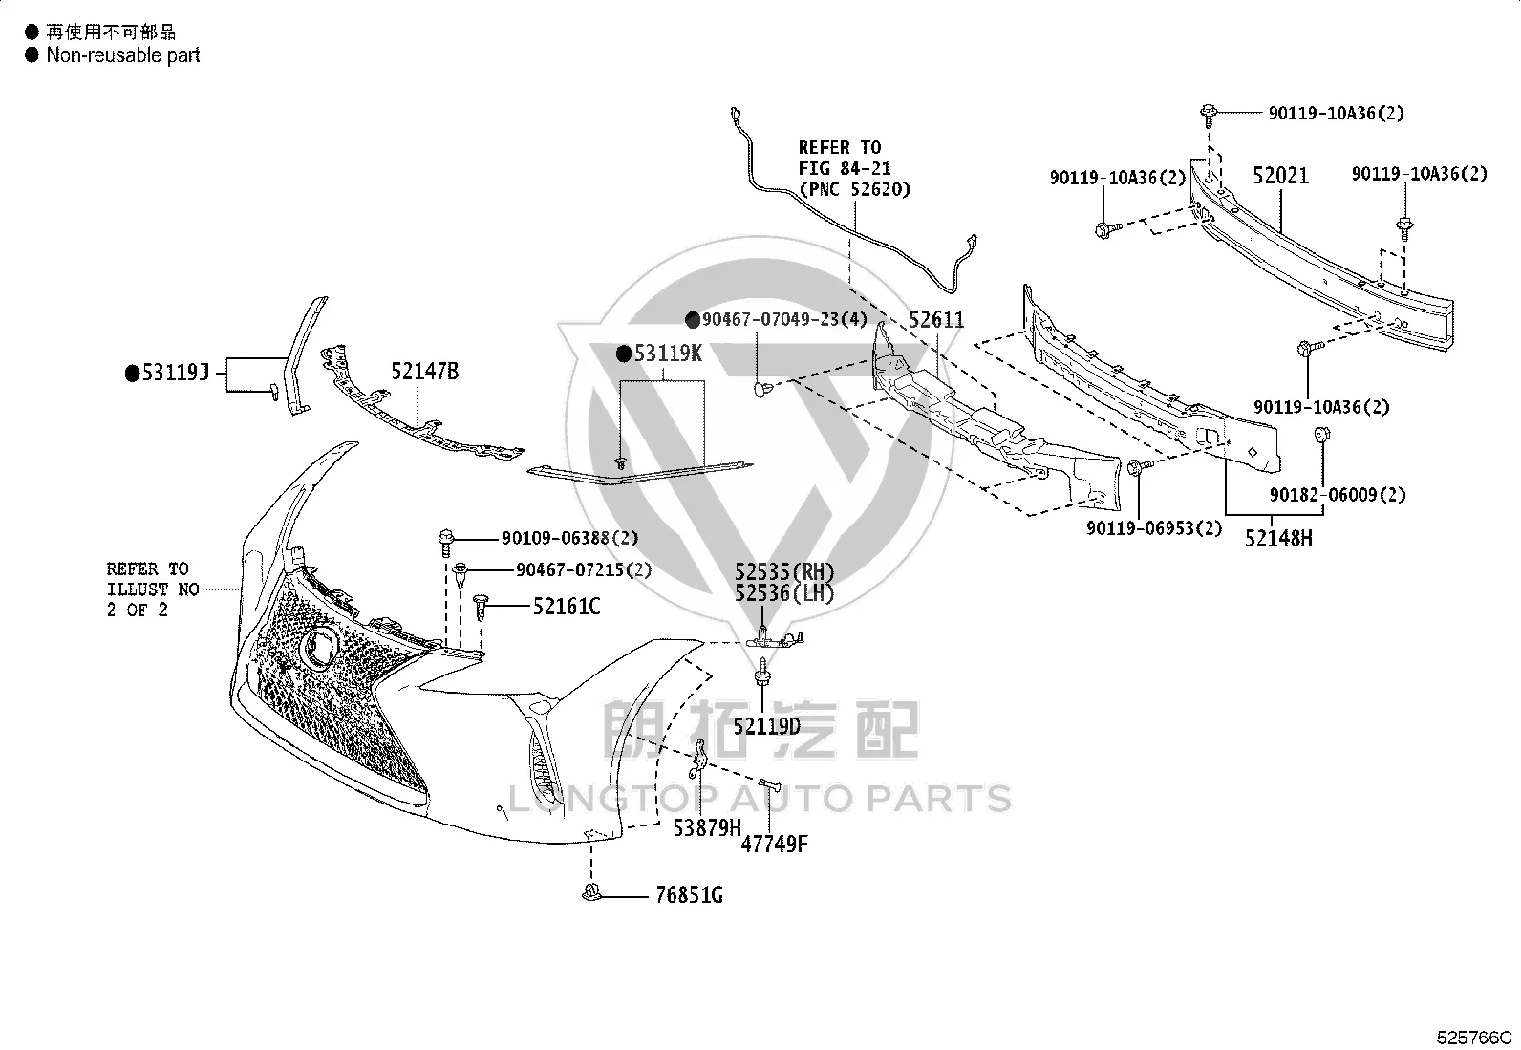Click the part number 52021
[x=1280, y=176]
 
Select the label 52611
[x=936, y=319]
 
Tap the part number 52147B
[x=425, y=371]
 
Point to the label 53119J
[x=175, y=373]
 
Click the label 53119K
[x=668, y=354]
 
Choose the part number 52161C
[x=567, y=606]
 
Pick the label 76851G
[x=689, y=895]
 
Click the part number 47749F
[x=774, y=845]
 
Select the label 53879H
[x=707, y=828]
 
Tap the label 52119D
[x=766, y=727]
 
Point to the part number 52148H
[x=1278, y=539]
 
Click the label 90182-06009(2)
[x=1338, y=495]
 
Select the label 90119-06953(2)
[x=1154, y=527]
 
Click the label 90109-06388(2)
[x=570, y=538]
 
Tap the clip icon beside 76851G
[x=591, y=892]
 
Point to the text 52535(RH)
[x=784, y=572]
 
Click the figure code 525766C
[x=1474, y=1037]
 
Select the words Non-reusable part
[x=123, y=55]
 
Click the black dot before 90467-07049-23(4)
[x=693, y=320]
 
